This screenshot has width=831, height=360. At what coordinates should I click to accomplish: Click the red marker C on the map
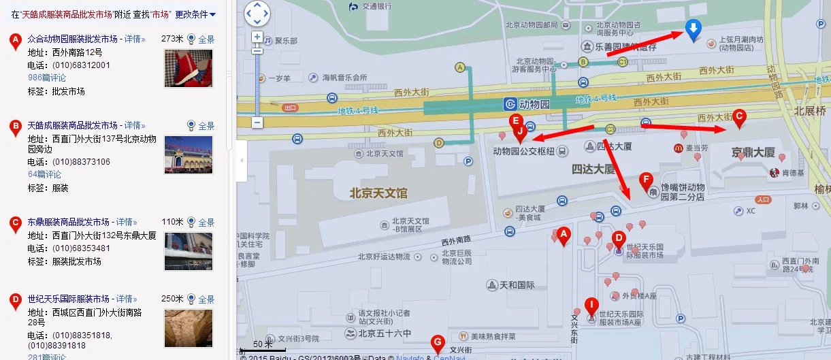[x=738, y=118]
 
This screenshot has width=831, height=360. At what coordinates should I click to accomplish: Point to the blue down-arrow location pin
[x=693, y=30]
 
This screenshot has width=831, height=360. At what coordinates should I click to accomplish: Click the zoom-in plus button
[x=257, y=37]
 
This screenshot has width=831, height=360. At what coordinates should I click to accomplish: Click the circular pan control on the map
[x=257, y=14]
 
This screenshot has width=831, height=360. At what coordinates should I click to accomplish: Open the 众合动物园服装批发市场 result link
[x=73, y=39]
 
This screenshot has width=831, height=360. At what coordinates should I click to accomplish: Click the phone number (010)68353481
[x=81, y=248]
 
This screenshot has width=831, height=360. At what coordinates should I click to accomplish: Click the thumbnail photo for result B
[x=189, y=154]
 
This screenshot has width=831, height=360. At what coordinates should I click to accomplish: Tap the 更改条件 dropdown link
[x=195, y=14]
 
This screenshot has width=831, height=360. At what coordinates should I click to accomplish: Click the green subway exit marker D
[x=439, y=143]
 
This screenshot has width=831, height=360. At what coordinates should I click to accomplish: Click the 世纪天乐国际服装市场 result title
[x=69, y=299]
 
